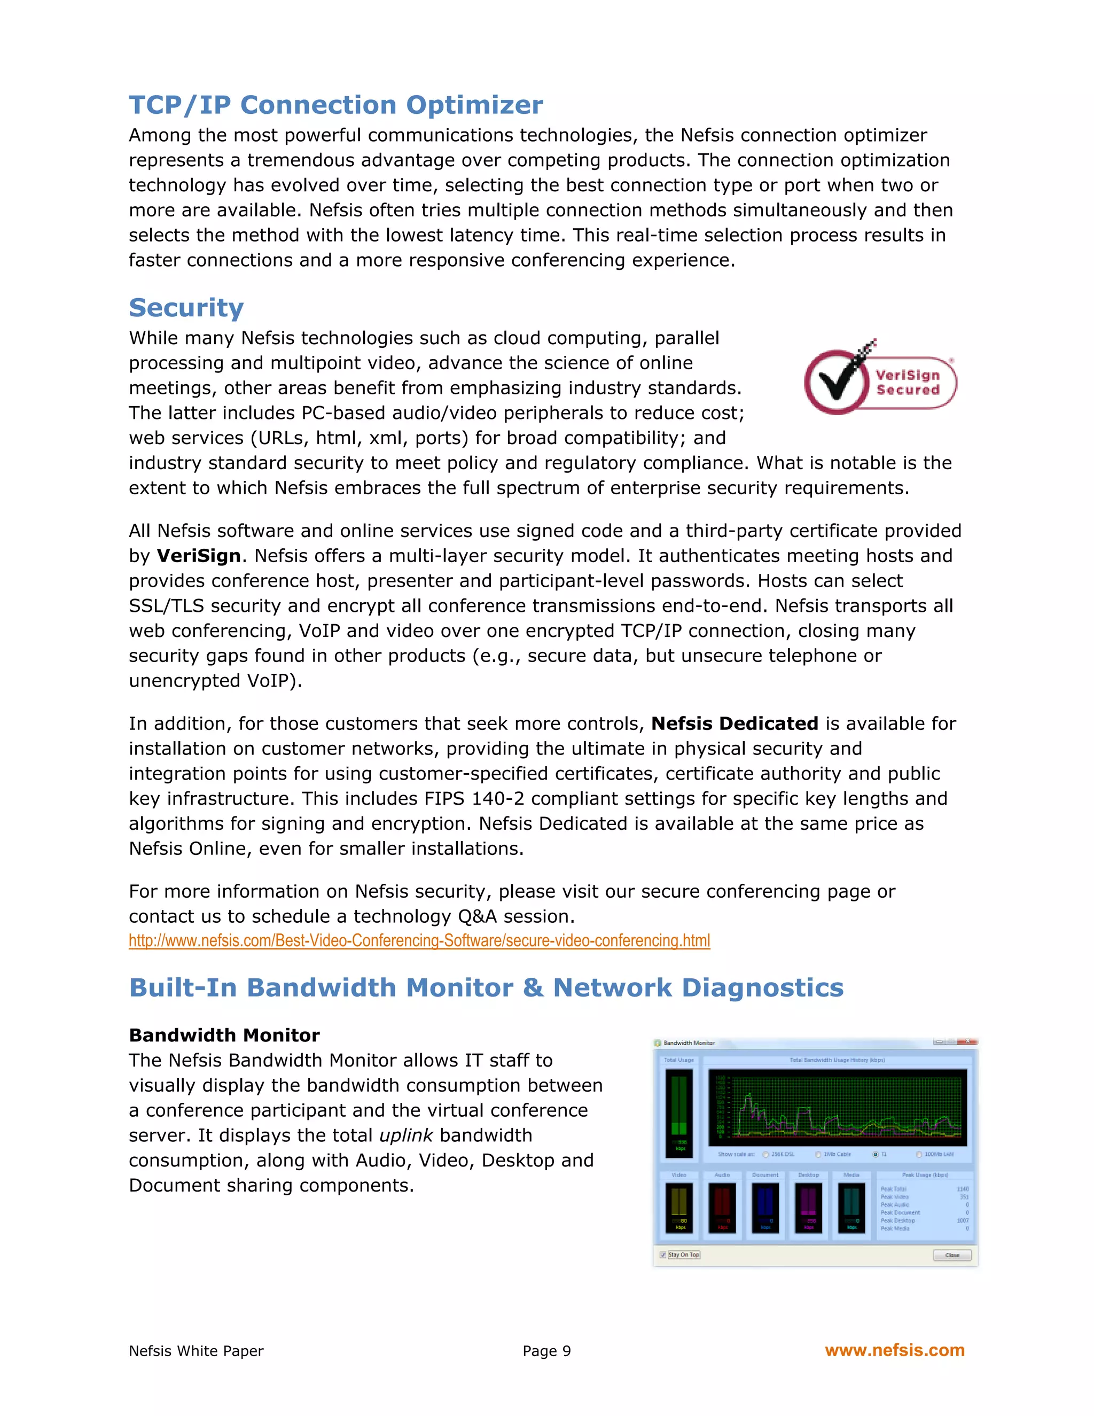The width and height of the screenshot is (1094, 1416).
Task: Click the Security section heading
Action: coord(186,307)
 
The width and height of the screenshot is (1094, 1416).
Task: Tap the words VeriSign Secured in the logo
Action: coord(908,383)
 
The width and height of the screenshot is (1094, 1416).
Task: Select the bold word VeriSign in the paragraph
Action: coord(198,556)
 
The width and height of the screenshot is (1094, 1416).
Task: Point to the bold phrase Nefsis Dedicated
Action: coord(734,723)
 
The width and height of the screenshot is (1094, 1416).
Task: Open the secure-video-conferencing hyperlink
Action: coord(419,941)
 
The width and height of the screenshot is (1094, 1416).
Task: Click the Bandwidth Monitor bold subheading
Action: coord(224,1036)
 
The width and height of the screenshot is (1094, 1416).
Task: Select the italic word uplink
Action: coord(406,1135)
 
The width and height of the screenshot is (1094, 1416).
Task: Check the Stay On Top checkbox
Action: coord(663,1255)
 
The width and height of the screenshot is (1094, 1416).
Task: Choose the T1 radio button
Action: coord(876,1154)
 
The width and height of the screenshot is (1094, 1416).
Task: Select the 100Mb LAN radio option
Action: coord(919,1154)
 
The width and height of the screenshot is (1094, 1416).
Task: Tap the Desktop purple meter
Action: coord(808,1207)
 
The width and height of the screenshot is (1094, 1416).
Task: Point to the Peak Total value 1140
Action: coord(963,1189)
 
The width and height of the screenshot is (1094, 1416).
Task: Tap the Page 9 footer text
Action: coord(546,1351)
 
